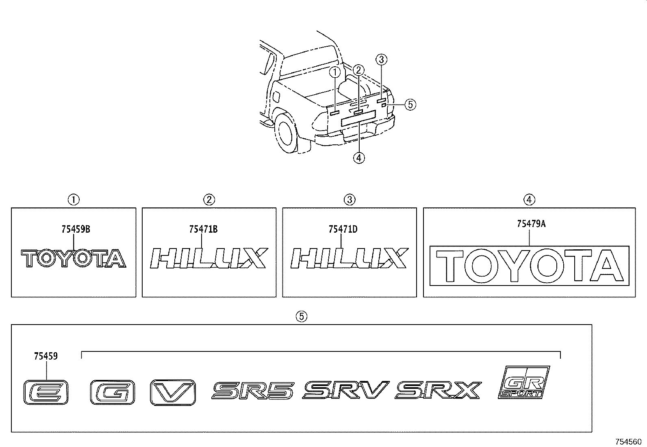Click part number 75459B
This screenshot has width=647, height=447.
click(76, 229)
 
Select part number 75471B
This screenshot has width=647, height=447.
click(203, 229)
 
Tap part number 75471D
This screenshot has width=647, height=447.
click(343, 229)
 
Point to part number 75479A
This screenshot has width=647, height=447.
click(531, 224)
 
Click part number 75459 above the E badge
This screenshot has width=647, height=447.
click(46, 356)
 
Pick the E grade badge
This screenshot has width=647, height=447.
click(46, 392)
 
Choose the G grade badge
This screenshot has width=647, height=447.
click(112, 392)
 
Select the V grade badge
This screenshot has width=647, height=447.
click(173, 392)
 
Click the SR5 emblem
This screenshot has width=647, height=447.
click(253, 390)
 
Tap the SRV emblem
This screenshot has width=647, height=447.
click(346, 390)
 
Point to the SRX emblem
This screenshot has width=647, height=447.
click(438, 390)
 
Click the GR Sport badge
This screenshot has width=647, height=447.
click(524, 382)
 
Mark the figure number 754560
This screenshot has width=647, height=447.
click(629, 441)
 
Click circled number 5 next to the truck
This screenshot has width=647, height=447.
click(410, 105)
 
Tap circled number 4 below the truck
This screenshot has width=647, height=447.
click(359, 158)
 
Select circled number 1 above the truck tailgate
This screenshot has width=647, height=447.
click(335, 72)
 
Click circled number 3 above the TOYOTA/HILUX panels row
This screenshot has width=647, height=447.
click(350, 199)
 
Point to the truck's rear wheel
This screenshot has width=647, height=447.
click(287, 133)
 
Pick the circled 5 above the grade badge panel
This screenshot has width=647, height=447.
click(301, 316)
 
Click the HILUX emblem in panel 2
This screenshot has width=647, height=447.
click(209, 258)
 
